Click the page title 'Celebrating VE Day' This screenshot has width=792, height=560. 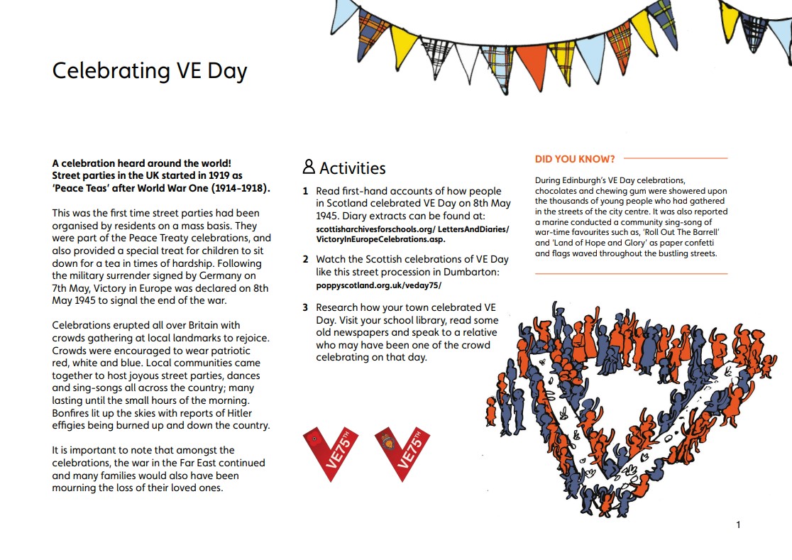[x=150, y=71]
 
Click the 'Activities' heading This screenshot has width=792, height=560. [x=352, y=168]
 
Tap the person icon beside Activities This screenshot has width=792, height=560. [x=309, y=167]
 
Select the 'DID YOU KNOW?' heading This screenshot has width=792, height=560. [x=575, y=159]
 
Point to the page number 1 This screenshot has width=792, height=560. [x=738, y=525]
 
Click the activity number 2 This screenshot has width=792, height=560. [x=306, y=260]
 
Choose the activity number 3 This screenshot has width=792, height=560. [x=306, y=307]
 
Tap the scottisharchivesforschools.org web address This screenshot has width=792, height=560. [x=412, y=229]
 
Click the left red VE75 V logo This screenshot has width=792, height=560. [x=331, y=453]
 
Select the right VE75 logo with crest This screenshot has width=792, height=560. [x=402, y=453]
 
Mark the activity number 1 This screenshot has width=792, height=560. [x=306, y=191]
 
